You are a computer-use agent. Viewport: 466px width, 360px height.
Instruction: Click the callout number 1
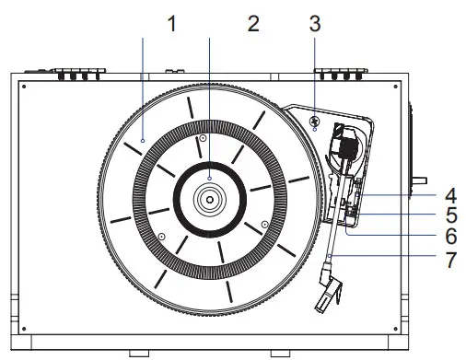coord(172,24)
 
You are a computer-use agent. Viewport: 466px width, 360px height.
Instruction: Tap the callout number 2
coord(253,24)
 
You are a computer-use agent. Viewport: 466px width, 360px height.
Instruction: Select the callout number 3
coord(315,24)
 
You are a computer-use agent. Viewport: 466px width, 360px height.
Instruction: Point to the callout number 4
coord(450,196)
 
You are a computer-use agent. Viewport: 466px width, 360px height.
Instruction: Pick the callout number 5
coord(451,215)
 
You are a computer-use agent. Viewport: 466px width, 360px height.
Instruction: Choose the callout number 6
coord(451,237)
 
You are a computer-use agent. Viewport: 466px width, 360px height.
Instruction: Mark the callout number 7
coord(451,260)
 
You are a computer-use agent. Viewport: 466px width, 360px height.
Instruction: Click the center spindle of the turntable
coord(210,200)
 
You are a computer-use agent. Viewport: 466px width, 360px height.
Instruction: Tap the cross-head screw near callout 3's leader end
coord(314,121)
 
